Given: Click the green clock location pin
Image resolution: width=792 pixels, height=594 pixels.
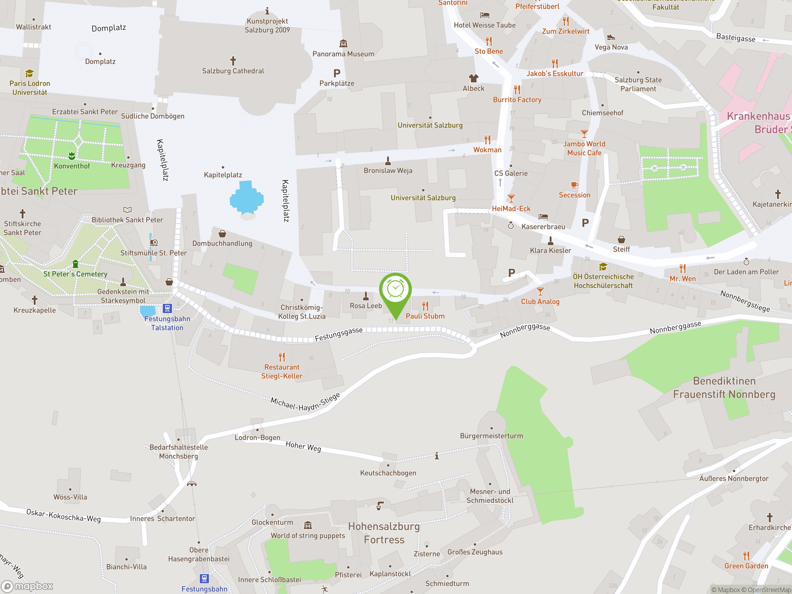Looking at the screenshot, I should coord(395,290).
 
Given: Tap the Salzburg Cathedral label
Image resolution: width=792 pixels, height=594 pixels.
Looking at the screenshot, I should coord(233,71).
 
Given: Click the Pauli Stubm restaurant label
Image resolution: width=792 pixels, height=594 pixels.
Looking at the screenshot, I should coord(425,316).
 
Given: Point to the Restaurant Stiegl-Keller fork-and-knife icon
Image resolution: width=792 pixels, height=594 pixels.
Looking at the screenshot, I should coord(282,357).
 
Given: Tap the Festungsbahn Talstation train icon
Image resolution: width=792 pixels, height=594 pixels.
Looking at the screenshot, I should coord(167,308).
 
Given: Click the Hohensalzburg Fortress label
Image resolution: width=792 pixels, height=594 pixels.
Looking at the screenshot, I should coord(384,533).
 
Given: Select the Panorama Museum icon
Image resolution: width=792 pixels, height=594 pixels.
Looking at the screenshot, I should coord(343,44).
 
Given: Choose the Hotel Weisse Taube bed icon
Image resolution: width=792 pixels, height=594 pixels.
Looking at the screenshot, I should coord(484,15).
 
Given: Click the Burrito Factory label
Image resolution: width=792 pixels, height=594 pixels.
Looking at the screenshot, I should coord(517,100).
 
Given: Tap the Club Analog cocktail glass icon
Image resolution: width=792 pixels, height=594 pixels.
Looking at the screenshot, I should coord(540,291).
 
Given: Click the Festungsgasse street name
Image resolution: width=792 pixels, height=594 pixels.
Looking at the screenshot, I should coord(338,334).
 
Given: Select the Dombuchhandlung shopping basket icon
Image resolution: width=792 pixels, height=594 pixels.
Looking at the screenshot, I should coord(222,234).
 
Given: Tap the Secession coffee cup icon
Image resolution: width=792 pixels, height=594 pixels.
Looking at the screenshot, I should coord(574,185).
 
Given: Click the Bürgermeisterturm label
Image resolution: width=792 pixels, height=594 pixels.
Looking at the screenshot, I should coord(491,436).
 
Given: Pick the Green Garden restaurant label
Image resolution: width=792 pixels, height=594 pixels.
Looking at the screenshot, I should coord(746,566).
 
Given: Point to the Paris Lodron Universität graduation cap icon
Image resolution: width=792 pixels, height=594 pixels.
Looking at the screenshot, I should coord(29,73).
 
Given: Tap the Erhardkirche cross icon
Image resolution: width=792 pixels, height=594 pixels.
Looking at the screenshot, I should coord(769,517).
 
